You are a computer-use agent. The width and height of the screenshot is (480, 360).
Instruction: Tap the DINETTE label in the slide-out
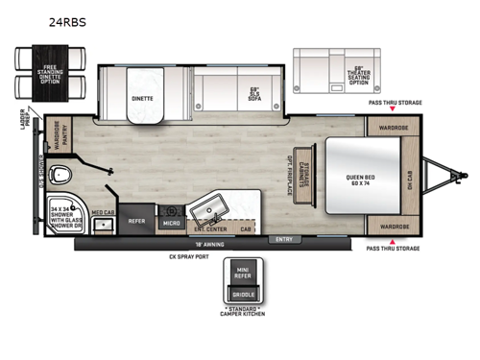coord(142,99)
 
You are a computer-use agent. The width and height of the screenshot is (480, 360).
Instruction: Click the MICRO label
coord(170,223)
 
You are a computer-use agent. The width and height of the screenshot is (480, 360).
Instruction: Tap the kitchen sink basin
coord(209,211)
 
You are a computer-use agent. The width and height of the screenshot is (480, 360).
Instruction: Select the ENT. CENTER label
coord(210,230)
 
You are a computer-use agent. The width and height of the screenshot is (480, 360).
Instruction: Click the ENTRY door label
coord(284,239)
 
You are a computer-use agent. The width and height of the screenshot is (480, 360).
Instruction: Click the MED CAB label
coord(104,212)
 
